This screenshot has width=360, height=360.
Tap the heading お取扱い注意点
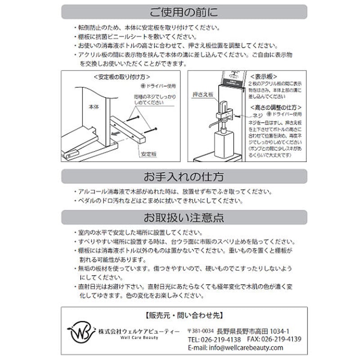(x=184, y=218)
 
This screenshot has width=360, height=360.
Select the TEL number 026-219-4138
(x=214, y=339)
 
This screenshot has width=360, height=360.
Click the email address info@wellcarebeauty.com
(x=235, y=348)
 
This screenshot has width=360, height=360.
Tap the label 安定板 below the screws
(x=148, y=154)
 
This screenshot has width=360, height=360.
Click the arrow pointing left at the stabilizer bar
(x=118, y=133)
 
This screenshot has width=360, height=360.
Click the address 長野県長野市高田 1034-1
(x=253, y=331)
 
